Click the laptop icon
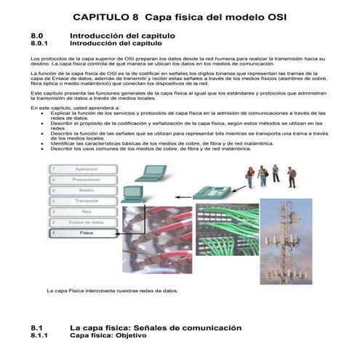(x=150, y=172)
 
